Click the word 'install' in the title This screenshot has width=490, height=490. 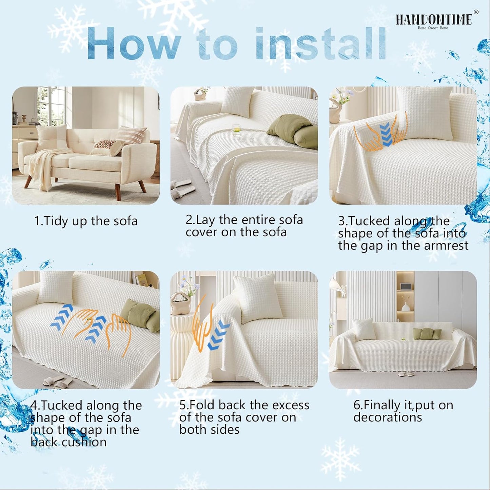(x=320, y=44)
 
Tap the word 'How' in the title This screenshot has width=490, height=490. (x=134, y=44)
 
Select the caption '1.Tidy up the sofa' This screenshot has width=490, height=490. (x=86, y=221)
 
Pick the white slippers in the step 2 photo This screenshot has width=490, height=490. (x=182, y=190)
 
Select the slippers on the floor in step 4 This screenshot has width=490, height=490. (x=58, y=381)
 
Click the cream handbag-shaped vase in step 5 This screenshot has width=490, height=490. (x=180, y=303)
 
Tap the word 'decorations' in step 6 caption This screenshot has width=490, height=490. (x=388, y=417)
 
